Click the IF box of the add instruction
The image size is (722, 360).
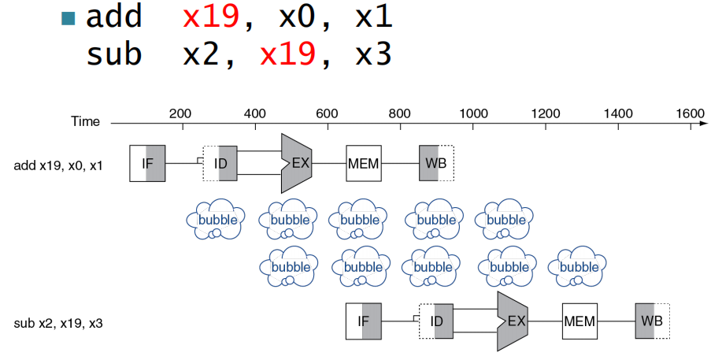(x=147, y=164)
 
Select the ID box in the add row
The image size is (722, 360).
(x=220, y=164)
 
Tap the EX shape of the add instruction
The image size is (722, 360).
(x=296, y=164)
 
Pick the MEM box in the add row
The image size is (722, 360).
(x=363, y=164)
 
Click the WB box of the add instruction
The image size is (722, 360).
(x=436, y=164)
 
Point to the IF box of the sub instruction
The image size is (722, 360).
(x=363, y=321)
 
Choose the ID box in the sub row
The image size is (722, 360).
(x=436, y=321)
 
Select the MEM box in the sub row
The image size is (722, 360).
(x=579, y=321)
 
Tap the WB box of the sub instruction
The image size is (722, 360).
(x=652, y=321)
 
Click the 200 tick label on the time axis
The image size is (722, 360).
(x=180, y=113)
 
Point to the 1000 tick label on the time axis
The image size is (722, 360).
(x=472, y=113)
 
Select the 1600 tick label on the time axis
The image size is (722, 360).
(x=691, y=113)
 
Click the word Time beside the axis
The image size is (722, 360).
(x=85, y=122)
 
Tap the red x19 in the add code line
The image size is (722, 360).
(x=211, y=17)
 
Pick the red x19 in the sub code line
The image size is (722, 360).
(x=288, y=54)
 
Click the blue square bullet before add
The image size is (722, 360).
(x=68, y=18)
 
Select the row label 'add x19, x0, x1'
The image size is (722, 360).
(x=58, y=165)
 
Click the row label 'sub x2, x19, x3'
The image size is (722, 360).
(x=58, y=323)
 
